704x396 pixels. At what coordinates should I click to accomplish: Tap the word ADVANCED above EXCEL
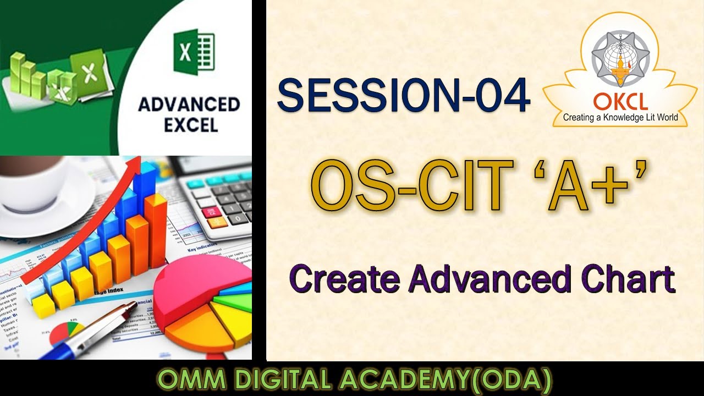[x=189, y=104]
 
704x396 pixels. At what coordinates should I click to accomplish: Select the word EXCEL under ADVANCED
[x=190, y=125]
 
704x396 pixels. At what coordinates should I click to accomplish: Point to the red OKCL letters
[x=620, y=102]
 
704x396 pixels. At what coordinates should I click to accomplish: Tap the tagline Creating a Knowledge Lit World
[x=620, y=117]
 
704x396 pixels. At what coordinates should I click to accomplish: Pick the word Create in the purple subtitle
[x=344, y=279]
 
